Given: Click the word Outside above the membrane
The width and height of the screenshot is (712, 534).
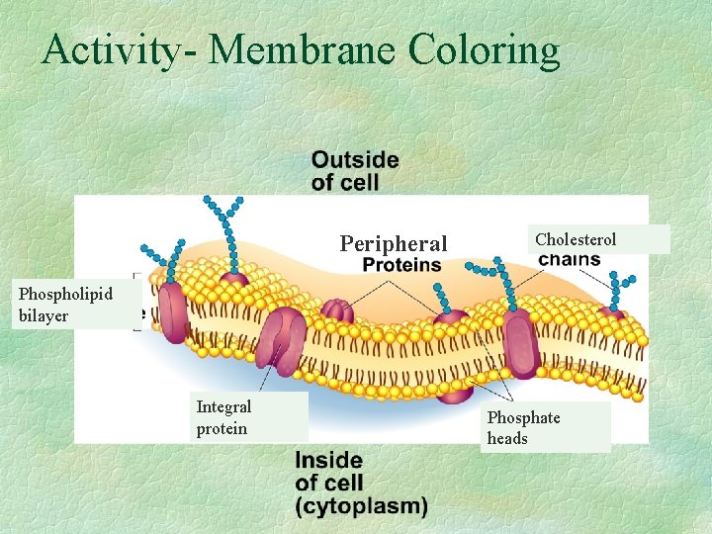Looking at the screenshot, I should (x=355, y=160).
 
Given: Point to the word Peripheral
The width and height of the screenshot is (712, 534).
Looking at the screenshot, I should (x=394, y=243).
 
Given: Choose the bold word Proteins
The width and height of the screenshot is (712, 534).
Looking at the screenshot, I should (x=401, y=265).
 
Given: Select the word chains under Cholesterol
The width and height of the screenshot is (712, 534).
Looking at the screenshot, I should (x=570, y=260).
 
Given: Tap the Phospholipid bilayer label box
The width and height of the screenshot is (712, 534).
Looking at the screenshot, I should (x=69, y=305).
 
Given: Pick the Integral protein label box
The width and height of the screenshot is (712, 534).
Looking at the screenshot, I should (x=249, y=416).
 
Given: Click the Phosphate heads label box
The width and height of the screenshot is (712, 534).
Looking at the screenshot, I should (x=545, y=428).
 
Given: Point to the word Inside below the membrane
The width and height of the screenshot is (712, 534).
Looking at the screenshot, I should (x=328, y=461).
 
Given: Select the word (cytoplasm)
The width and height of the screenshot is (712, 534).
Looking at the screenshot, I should (x=362, y=506).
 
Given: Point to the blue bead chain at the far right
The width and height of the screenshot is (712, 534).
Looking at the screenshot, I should (x=617, y=287).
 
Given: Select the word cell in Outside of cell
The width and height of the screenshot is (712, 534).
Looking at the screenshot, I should (x=357, y=183).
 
